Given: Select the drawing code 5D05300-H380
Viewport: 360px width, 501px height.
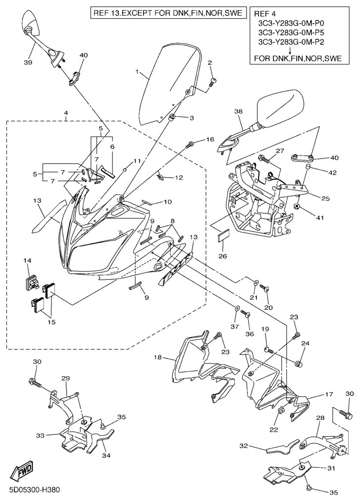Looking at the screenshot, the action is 35,490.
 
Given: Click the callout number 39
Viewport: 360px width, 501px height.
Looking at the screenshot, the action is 28,62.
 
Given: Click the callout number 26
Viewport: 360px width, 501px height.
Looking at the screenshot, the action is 223,256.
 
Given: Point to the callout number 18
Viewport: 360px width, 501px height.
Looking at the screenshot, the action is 158,357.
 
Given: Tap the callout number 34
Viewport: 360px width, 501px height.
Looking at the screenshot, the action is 106,455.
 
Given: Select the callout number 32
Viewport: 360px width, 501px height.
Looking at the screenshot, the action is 244,446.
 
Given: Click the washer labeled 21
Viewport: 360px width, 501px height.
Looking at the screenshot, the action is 256,283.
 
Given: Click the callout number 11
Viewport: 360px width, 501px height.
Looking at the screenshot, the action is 137,161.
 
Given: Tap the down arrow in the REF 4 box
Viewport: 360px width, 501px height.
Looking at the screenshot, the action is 290,50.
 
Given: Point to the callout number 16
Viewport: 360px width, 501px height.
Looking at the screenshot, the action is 210,139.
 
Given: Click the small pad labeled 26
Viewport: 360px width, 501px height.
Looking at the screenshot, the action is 223,239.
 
